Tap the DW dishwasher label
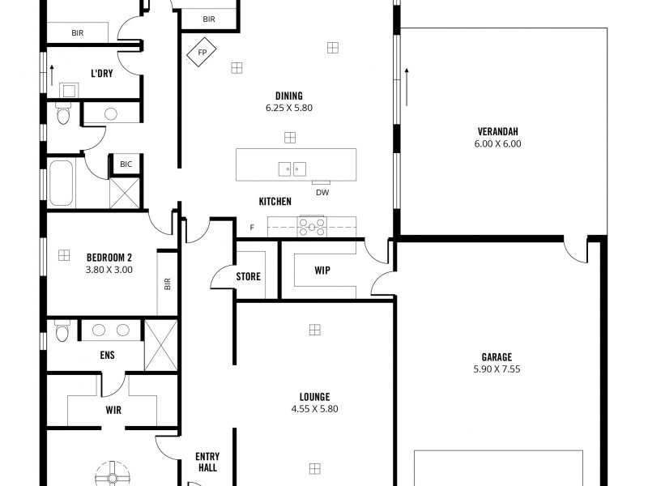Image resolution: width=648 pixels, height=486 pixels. tap(322, 192)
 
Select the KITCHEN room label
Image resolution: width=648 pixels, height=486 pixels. tap(275, 202)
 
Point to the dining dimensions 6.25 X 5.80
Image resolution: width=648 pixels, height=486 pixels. tap(288, 108)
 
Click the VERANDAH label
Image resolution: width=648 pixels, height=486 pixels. tap(497, 132)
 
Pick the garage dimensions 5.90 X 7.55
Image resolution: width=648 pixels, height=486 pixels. tap(497, 369)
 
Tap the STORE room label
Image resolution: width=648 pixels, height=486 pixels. tap(248, 277)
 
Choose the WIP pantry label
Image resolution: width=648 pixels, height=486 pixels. tap(322, 271)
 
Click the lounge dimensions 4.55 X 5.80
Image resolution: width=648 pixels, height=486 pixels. tap(314, 409)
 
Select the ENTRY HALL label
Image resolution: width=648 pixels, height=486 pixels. tap(207, 463)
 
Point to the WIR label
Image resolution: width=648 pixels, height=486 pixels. tap(113, 411)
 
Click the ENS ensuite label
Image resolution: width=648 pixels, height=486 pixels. tap(108, 355)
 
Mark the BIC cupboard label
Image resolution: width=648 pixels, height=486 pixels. tap(126, 164)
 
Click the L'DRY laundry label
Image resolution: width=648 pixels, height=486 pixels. tap(101, 74)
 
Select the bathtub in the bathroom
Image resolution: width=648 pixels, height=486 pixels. tap(63, 184)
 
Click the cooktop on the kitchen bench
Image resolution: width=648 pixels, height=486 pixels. tap(312, 226)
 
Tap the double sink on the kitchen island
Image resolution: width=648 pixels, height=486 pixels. tap(292, 168)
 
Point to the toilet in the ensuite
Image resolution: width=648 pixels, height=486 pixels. tap(62, 332)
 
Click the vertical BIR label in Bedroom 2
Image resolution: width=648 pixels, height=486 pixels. tap(168, 283)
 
